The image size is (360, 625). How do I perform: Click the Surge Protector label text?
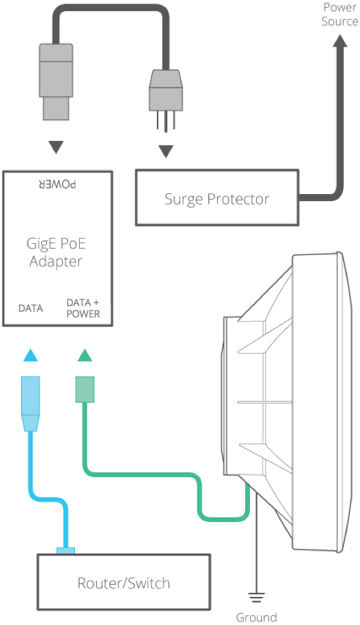(217, 199)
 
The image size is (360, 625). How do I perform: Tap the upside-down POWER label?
(57, 184)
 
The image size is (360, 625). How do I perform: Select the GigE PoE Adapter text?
(56, 252)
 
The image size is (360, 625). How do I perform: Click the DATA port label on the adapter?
(31, 308)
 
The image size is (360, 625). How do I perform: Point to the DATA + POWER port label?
(83, 308)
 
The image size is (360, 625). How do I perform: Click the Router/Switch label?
(123, 583)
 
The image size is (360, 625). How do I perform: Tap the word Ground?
(256, 617)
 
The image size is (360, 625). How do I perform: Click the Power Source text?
(340, 14)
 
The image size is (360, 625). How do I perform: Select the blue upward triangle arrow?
(31, 355)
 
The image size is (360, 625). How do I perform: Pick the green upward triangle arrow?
(85, 355)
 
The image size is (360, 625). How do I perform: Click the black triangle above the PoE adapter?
(56, 147)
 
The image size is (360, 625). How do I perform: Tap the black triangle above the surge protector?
(166, 151)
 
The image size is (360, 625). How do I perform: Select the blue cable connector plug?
(30, 404)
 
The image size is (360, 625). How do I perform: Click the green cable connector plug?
(85, 390)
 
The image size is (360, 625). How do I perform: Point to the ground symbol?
(256, 598)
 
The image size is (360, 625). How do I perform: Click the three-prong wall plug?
(166, 99)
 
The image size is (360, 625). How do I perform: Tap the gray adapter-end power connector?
(56, 82)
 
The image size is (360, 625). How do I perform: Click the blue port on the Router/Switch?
(65, 551)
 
